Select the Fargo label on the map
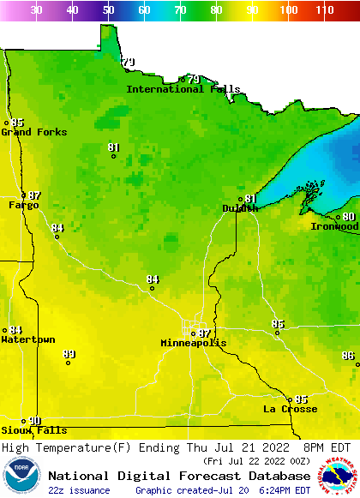pyautogui.click(x=23, y=206)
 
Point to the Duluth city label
pyautogui.click(x=239, y=208)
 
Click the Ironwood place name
pyautogui.click(x=334, y=226)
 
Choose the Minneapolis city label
pyautogui.click(x=194, y=343)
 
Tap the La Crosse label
pyautogui.click(x=290, y=409)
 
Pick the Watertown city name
pyautogui.click(x=27, y=339)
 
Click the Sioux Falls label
pyautogui.click(x=33, y=430)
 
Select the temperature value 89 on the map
pyautogui.click(x=69, y=354)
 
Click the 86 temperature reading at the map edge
pyautogui.click(x=348, y=356)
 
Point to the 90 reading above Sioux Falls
pyautogui.click(x=35, y=421)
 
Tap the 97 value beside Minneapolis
pyautogui.click(x=204, y=333)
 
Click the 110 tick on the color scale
pyautogui.click(x=324, y=10)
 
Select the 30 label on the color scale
pyautogui.click(x=36, y=10)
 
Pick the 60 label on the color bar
pyautogui.click(x=144, y=10)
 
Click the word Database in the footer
pyautogui.click(x=275, y=476)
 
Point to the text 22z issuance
pyautogui.click(x=79, y=490)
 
